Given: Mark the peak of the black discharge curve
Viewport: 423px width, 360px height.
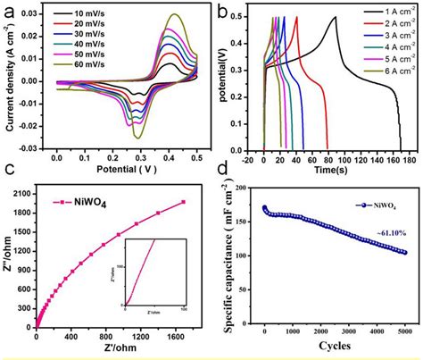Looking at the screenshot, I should [336, 17].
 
